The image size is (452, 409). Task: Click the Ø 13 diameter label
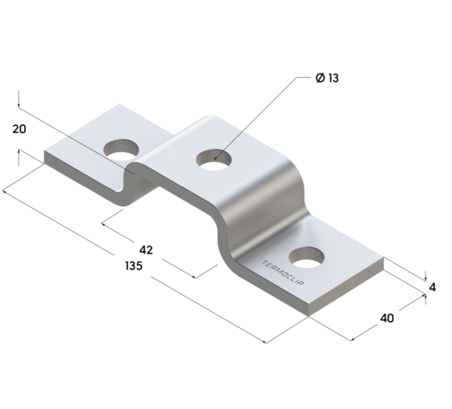327,78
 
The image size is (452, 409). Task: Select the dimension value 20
19,129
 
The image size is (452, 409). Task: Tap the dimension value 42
146,249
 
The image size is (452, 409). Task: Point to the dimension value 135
134,265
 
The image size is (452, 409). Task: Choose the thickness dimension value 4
433,287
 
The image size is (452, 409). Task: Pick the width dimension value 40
387,318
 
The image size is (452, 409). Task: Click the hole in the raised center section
214,160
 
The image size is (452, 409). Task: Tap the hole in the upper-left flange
121,150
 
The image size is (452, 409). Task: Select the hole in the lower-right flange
306,257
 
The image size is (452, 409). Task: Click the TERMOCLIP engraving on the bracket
282,273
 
